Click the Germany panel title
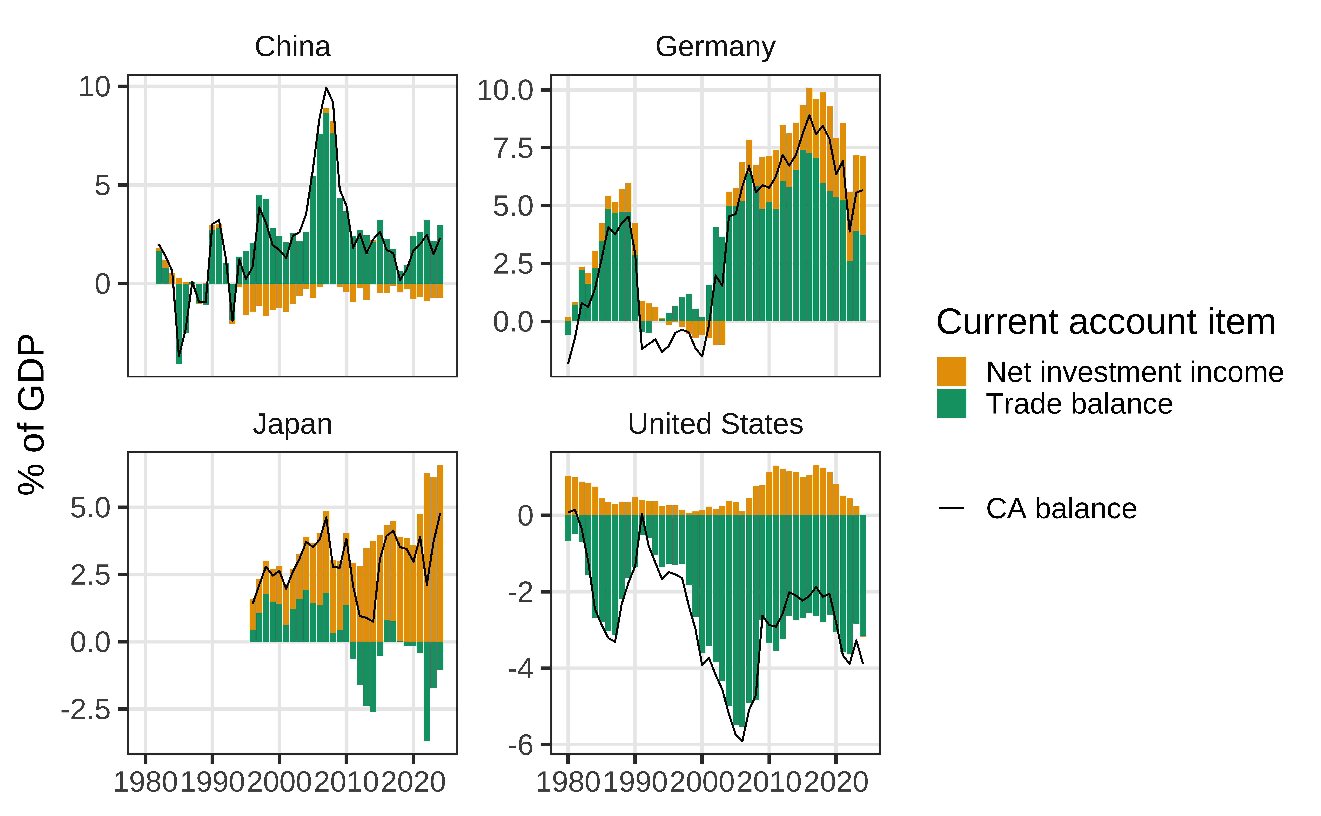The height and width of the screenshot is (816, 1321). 715,47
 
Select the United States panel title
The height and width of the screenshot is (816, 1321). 715,424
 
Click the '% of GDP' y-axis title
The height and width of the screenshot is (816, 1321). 31,414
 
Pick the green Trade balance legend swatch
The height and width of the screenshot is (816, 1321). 951,404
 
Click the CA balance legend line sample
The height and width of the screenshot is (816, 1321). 951,508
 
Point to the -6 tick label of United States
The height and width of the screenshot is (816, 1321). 521,745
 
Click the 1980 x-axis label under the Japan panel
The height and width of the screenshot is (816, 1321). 145,783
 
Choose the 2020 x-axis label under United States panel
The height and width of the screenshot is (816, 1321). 836,783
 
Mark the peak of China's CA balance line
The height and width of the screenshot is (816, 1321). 326,88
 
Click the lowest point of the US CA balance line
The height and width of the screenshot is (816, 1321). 742,741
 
